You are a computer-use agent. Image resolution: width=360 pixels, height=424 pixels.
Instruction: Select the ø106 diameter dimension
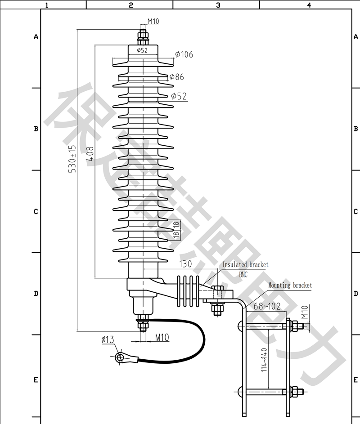click(x=184, y=54)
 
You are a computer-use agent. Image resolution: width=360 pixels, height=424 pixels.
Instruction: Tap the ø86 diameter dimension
click(x=176, y=77)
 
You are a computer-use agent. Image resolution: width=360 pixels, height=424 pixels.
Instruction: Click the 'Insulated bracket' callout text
click(x=245, y=265)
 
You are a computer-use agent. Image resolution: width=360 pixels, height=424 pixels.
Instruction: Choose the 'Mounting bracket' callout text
click(x=290, y=285)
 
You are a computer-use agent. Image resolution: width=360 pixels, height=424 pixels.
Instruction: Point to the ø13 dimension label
click(x=108, y=340)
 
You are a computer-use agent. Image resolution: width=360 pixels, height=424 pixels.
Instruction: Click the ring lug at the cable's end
click(x=120, y=357)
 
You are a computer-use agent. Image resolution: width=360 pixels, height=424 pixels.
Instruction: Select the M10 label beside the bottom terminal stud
click(x=162, y=337)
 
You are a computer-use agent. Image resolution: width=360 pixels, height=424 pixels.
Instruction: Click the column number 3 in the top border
click(x=218, y=5)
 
